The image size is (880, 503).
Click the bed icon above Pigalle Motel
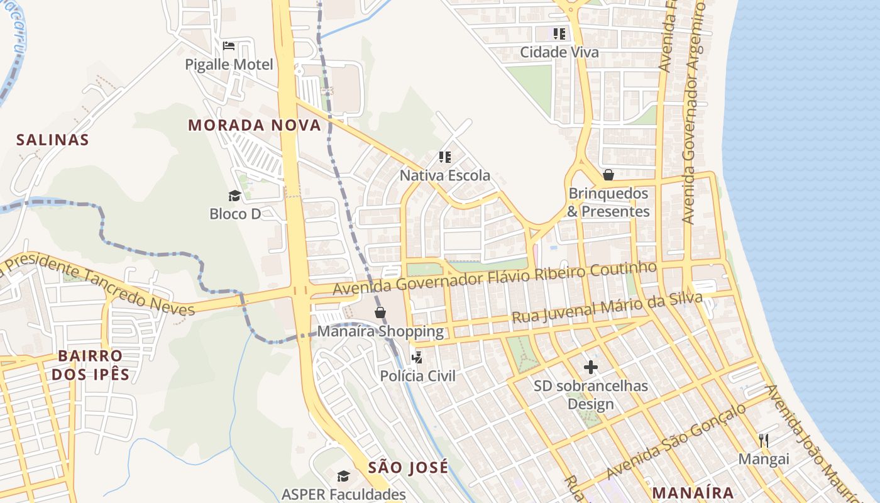[229, 46]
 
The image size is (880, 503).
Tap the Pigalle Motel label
[229, 65]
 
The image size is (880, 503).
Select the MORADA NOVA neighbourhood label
[255, 125]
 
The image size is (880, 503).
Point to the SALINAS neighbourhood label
[53, 140]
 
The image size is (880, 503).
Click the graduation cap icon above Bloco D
[234, 196]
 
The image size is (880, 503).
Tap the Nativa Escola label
[445, 175]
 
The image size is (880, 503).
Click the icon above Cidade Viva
[559, 33]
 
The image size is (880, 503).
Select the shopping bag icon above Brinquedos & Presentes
[608, 174]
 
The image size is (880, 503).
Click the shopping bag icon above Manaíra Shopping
[380, 312]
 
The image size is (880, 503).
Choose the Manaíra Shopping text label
[380, 331]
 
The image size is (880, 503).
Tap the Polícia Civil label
[417, 376]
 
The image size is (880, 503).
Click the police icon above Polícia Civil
[417, 358]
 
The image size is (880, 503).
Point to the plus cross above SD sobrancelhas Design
[590, 367]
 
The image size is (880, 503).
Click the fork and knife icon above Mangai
[764, 440]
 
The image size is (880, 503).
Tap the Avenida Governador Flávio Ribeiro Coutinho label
[495, 278]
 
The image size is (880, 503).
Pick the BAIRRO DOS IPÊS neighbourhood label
[90, 365]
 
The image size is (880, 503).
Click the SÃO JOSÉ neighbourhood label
[408, 467]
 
